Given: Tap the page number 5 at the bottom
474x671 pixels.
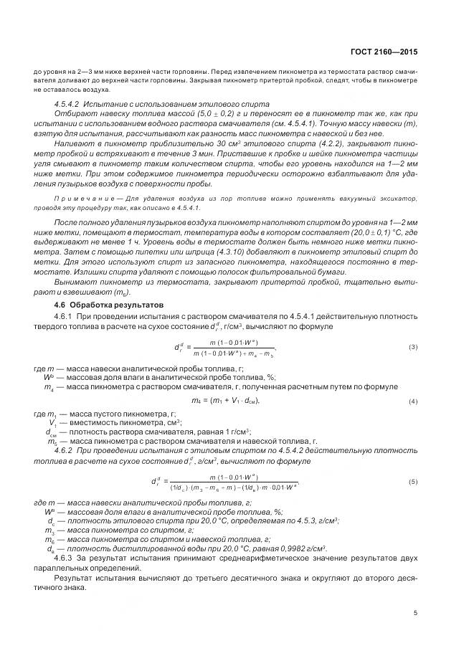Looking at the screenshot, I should click(x=415, y=613).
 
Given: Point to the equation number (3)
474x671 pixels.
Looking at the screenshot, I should click(x=413, y=347).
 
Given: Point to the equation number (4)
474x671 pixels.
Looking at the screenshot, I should click(x=413, y=400).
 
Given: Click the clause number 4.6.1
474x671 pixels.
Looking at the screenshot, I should click(x=65, y=318).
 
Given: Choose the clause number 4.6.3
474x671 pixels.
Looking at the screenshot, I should click(x=65, y=556).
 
